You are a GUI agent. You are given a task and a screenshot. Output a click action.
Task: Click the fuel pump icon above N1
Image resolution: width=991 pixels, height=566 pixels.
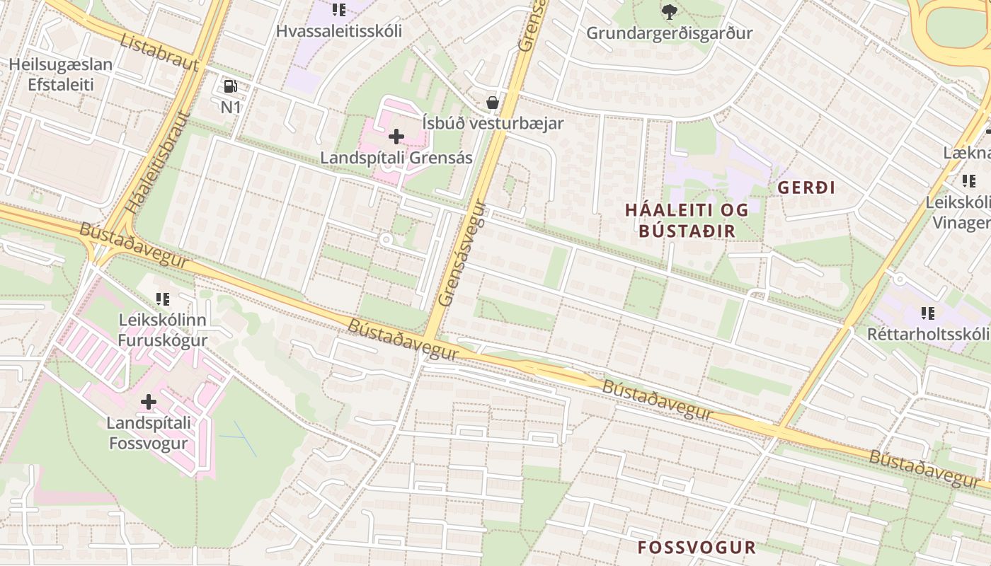[x=230, y=86]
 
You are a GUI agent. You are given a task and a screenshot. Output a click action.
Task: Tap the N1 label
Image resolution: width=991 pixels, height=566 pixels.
[x=231, y=108]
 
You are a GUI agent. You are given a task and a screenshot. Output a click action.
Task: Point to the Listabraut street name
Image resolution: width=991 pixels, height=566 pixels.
[x=160, y=52]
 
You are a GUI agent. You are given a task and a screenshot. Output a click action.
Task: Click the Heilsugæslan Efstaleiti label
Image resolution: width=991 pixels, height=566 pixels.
[x=60, y=74]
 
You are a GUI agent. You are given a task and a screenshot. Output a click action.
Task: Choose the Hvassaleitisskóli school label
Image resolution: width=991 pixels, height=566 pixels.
[x=339, y=31]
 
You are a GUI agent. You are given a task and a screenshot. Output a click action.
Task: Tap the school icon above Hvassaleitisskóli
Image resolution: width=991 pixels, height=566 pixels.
[x=339, y=10]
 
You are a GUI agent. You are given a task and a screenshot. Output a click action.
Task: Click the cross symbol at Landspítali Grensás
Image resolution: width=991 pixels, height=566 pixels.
[x=396, y=136]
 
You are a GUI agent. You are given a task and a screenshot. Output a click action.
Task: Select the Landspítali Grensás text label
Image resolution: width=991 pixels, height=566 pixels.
[x=396, y=158]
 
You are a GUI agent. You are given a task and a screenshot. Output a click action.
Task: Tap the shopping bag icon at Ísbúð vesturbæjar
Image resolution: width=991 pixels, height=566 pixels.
[x=493, y=103]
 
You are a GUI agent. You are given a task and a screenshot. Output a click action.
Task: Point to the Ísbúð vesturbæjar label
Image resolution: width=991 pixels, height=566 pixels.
[x=493, y=123]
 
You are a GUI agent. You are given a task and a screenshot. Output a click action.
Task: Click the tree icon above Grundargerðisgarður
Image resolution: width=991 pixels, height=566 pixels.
[x=669, y=11]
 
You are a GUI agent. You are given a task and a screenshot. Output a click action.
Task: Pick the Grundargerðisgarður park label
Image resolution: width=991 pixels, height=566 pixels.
[x=669, y=33]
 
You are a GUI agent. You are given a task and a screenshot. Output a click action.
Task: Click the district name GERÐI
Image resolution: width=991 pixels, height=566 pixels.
[x=807, y=187]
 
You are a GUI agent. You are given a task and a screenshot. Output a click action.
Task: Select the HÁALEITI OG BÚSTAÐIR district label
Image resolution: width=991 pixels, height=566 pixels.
[x=687, y=220]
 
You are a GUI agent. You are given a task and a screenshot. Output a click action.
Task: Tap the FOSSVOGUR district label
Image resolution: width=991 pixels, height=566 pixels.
[x=697, y=548]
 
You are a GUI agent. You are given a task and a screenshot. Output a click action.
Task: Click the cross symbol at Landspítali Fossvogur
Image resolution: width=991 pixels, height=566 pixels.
[x=148, y=402]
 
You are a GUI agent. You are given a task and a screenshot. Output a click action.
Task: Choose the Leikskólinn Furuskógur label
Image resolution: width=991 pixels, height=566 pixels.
[x=163, y=330]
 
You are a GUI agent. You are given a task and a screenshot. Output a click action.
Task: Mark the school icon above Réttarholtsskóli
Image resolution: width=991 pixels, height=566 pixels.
[x=928, y=313]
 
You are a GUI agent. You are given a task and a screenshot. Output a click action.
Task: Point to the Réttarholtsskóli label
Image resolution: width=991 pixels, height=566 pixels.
[x=928, y=334]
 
